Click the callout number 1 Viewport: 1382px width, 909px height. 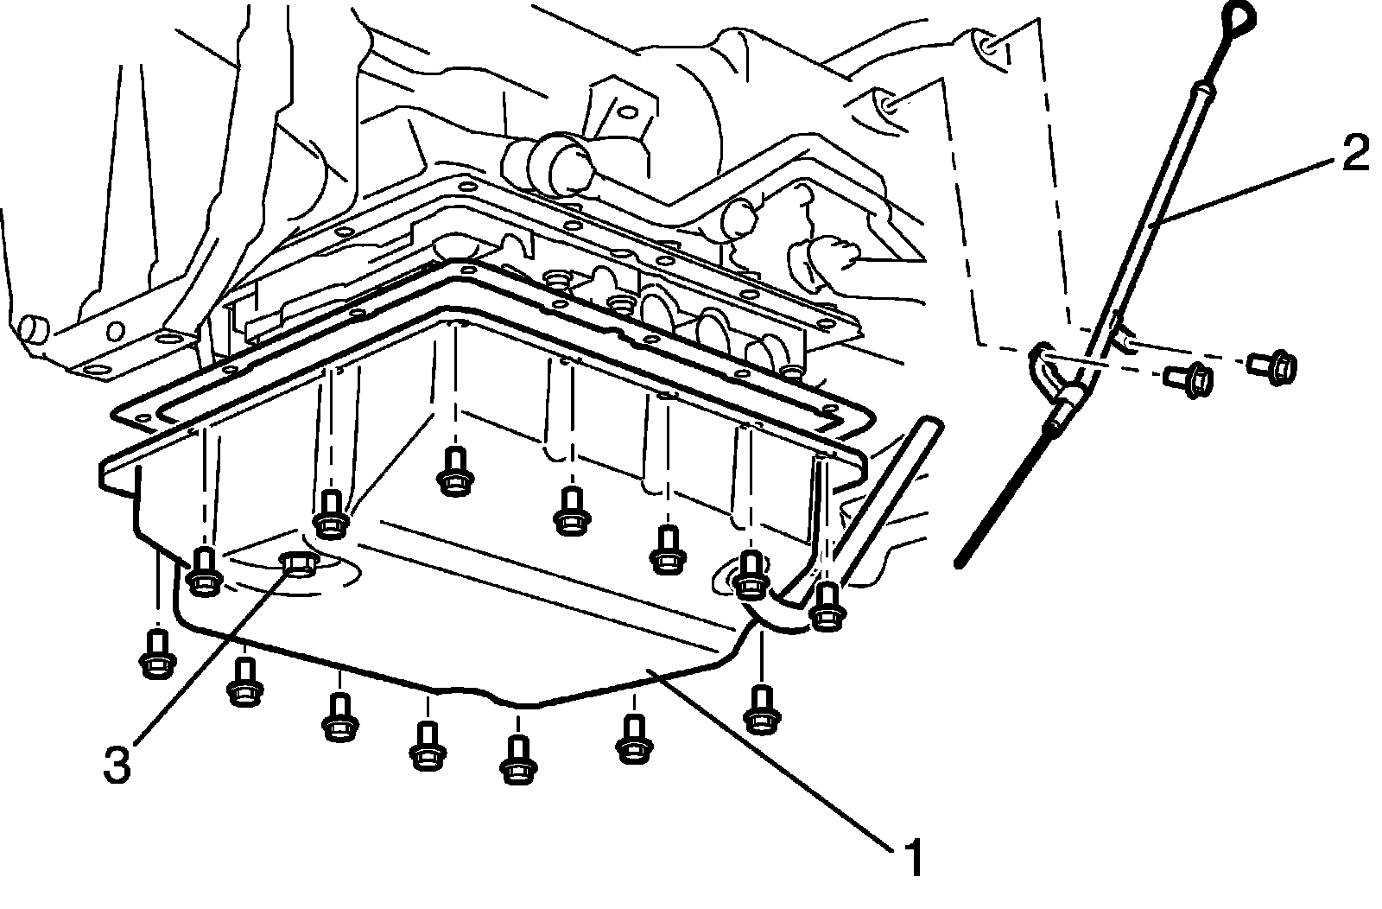[913, 858]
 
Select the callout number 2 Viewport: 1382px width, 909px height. [1355, 155]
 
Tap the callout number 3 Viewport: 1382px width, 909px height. [117, 764]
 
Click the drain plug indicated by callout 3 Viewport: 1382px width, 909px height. [300, 564]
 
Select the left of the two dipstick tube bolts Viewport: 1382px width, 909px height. [1189, 379]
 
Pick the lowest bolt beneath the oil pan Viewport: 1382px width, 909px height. [518, 760]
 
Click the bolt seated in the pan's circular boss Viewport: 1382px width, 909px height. [751, 575]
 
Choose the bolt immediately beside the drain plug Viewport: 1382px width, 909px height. [205, 571]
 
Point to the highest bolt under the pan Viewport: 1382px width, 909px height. [454, 472]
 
